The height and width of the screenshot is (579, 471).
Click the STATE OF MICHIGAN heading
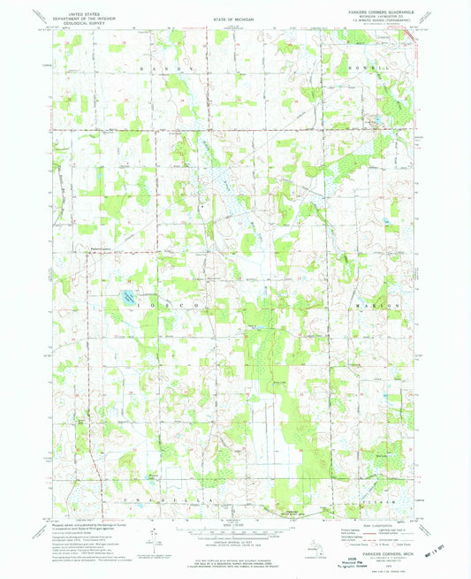[x=234, y=19]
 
